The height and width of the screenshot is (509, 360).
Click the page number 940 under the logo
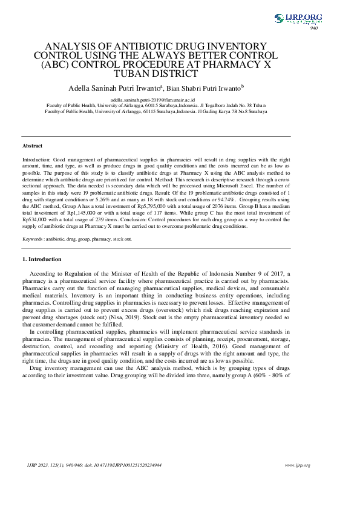point(313,28)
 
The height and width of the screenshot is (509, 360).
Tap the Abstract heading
point(32,146)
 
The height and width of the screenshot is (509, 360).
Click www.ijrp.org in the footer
point(298,465)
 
